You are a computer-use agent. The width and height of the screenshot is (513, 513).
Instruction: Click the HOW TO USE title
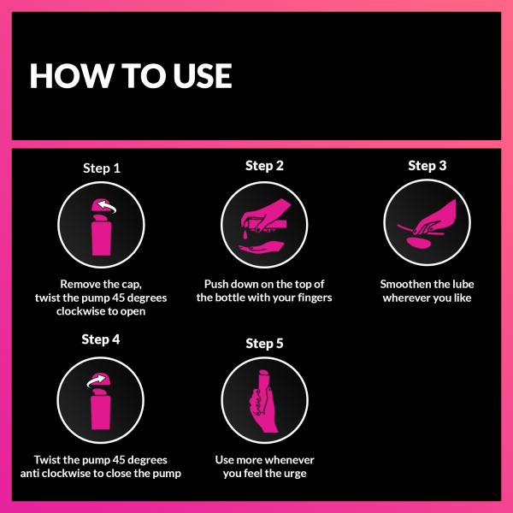[130, 75]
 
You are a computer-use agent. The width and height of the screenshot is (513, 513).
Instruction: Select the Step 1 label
[101, 168]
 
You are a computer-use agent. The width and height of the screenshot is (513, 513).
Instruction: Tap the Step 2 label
[264, 166]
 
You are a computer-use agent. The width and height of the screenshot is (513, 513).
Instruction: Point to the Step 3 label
[427, 166]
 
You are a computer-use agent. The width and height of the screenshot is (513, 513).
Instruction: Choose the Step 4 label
[101, 339]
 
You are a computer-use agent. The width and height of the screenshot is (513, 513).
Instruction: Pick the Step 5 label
[264, 343]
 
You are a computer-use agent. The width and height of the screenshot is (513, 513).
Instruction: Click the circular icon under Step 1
[101, 227]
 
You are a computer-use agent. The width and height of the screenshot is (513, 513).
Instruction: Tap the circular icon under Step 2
[264, 224]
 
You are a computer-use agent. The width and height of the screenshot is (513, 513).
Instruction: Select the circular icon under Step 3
[427, 224]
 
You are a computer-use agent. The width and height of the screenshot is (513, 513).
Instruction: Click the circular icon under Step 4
[101, 398]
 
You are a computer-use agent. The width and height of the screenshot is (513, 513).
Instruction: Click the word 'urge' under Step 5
[291, 474]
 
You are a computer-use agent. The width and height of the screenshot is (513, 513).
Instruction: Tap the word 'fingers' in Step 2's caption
[310, 298]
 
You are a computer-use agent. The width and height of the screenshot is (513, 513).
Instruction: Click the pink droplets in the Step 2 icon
[245, 233]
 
